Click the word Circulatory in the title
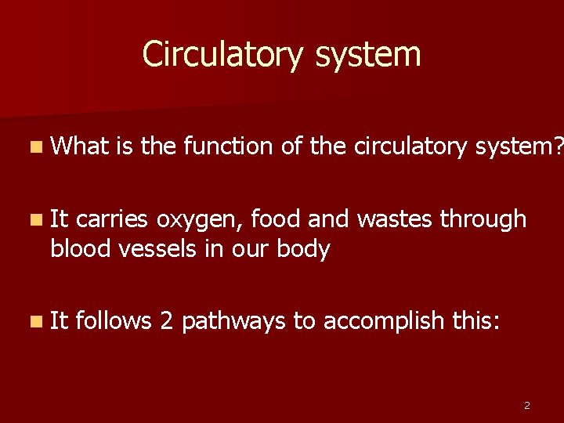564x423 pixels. tap(218, 55)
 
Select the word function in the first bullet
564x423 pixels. tap(232, 146)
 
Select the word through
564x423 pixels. tap(483, 220)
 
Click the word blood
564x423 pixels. tap(83, 249)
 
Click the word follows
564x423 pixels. tap(114, 320)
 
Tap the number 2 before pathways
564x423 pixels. tap(166, 320)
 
